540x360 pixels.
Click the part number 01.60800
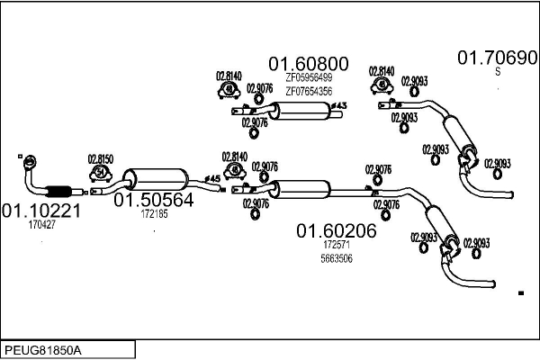308,64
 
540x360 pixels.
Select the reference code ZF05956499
308,78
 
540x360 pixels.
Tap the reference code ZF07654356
308,91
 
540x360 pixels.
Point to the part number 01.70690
498,58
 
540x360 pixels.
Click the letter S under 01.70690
498,72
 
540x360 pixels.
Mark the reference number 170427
41,225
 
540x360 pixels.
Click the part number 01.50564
153,201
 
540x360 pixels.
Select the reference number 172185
154,214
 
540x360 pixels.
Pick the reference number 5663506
337,259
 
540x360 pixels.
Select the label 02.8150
100,159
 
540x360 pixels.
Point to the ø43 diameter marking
339,107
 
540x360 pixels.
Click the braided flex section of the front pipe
58,190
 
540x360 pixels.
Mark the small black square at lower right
520,293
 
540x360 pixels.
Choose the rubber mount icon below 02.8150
100,173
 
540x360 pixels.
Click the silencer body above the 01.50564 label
158,177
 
